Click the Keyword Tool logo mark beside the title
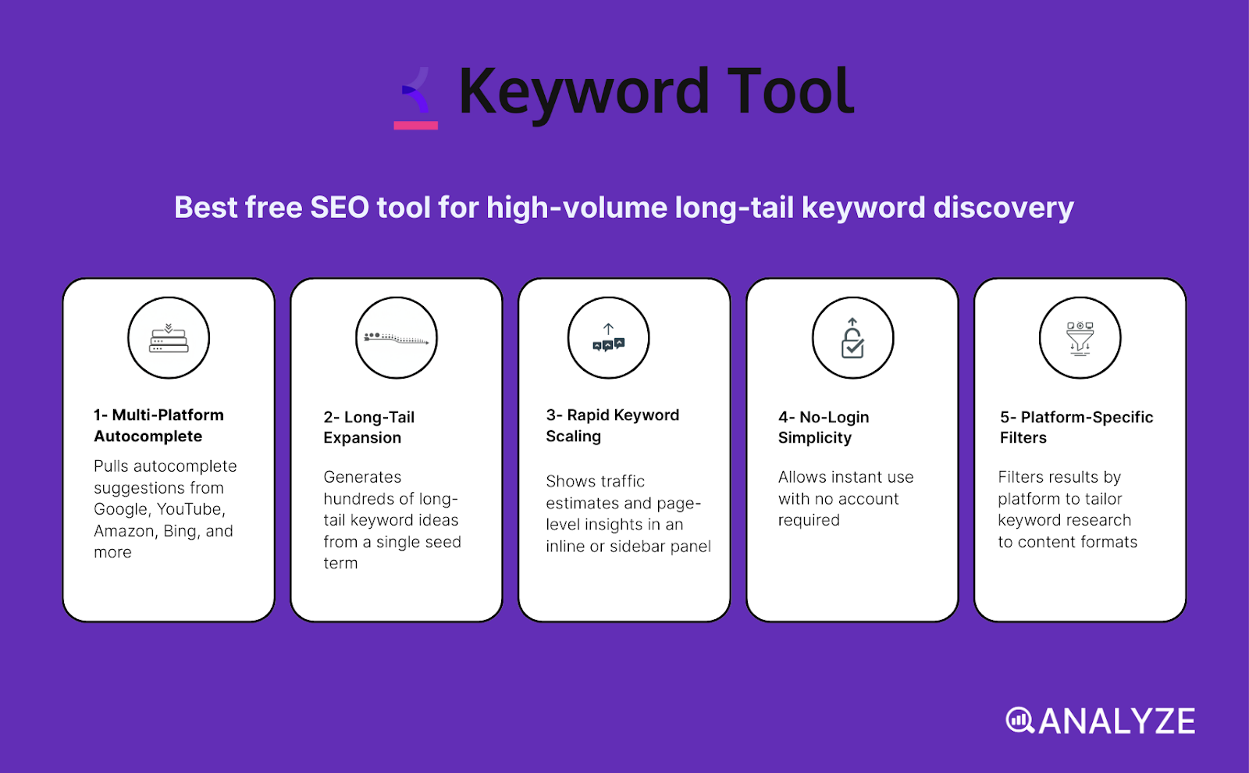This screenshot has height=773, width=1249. [416, 98]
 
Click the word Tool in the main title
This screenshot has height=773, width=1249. [790, 92]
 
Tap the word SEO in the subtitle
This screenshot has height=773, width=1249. [340, 208]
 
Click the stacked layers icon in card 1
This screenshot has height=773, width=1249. [169, 338]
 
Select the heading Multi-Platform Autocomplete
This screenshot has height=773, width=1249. [159, 426]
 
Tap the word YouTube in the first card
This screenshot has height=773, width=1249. [190, 509]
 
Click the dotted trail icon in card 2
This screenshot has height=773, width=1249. [397, 338]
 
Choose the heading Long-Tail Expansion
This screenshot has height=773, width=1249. [368, 427]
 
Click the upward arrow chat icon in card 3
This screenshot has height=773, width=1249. [608, 338]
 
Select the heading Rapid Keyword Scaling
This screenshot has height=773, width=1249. [612, 426]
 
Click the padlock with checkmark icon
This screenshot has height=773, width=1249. [852, 339]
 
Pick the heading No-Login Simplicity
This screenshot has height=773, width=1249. [823, 427]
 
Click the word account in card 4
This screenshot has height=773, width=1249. [869, 499]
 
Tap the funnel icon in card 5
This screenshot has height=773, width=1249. [1080, 339]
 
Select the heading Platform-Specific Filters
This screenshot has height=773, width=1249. [1076, 427]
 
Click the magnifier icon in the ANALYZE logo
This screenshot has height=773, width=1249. [1019, 720]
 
